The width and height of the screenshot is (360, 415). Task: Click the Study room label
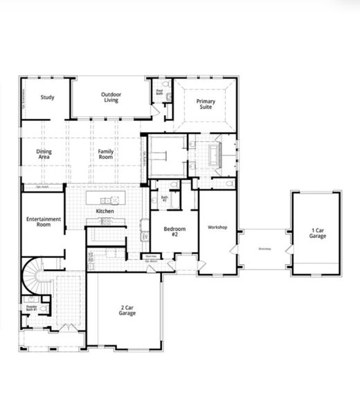47,98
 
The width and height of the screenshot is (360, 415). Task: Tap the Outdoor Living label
111,98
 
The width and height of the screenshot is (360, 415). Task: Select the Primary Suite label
206,104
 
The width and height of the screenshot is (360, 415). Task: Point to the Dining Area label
43,154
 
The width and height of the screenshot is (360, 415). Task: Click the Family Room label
106,154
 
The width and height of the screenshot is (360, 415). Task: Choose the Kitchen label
105,210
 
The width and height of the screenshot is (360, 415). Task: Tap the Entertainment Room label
44,222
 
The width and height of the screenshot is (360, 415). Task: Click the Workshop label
217,227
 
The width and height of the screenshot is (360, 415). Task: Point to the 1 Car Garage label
318,233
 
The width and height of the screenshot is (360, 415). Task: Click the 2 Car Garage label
127,311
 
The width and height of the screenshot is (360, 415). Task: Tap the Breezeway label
264,248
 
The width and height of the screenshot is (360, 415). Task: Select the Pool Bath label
159,91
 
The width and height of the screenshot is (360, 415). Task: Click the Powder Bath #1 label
31,308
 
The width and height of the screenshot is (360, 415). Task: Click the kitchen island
102,200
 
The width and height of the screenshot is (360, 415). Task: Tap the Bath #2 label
165,199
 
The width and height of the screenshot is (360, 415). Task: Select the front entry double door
66,326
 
